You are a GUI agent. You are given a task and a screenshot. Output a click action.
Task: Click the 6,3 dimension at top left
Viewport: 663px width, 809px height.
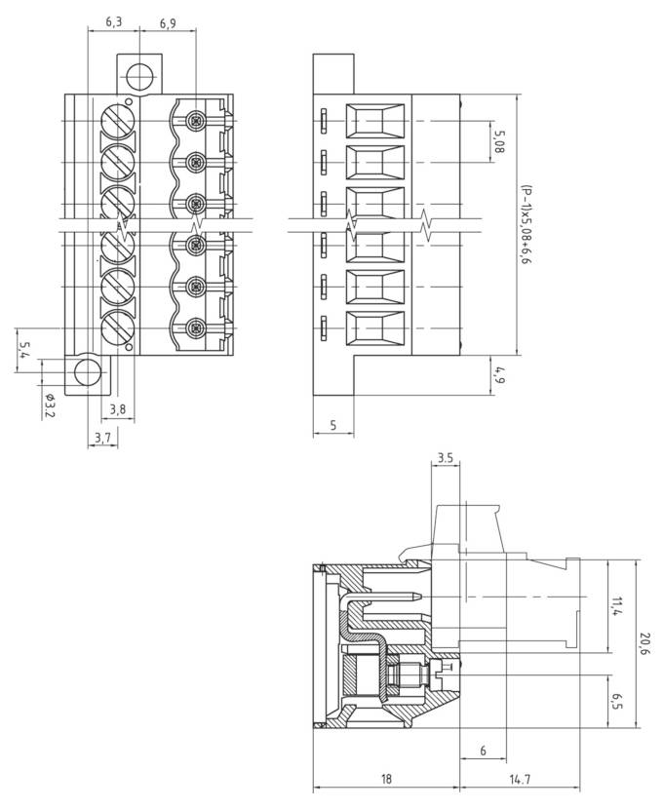[113, 21]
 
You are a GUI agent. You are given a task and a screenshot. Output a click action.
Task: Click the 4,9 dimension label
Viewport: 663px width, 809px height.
[500, 375]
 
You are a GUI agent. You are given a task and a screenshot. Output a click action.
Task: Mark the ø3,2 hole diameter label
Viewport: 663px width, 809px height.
[49, 403]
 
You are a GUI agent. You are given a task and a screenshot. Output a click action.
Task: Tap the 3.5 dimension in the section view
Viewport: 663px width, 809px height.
[446, 457]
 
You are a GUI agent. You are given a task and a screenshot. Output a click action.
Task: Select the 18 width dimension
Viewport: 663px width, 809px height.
[386, 779]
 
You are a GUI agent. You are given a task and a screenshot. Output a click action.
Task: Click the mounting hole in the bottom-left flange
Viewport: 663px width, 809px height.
[88, 371]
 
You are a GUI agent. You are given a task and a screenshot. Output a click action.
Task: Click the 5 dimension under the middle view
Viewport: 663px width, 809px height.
[332, 425]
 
